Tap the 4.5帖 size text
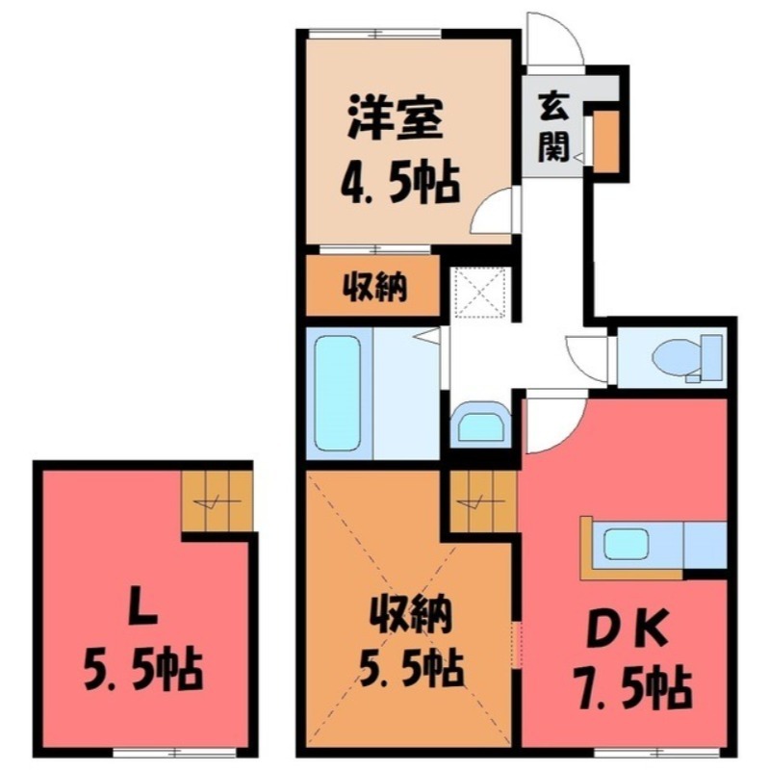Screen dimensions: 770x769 [x=397, y=180]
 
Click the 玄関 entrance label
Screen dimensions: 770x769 [x=552, y=125]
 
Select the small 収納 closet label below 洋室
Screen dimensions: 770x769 [x=372, y=286]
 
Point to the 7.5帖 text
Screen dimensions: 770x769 [x=627, y=687]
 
